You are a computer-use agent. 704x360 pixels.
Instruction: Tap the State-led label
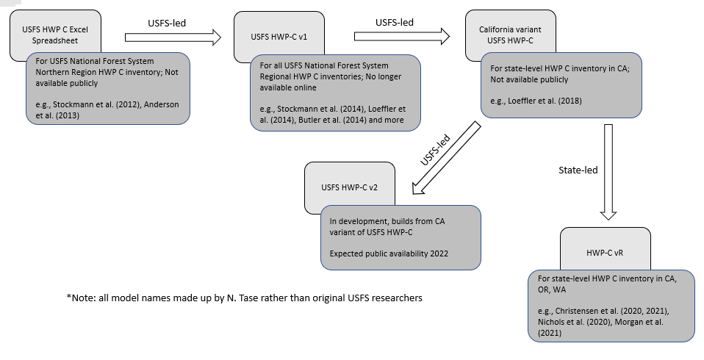click(579, 170)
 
